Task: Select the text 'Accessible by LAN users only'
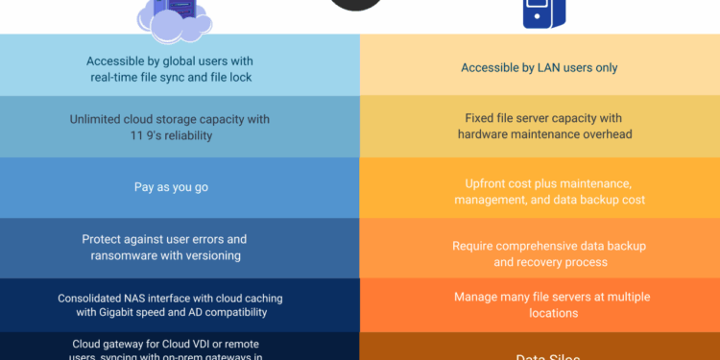(539, 68)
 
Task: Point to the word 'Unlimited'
(99, 120)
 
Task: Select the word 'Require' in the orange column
(474, 246)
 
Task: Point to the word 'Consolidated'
(102, 298)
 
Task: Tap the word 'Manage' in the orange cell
(474, 298)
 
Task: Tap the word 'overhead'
(606, 134)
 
